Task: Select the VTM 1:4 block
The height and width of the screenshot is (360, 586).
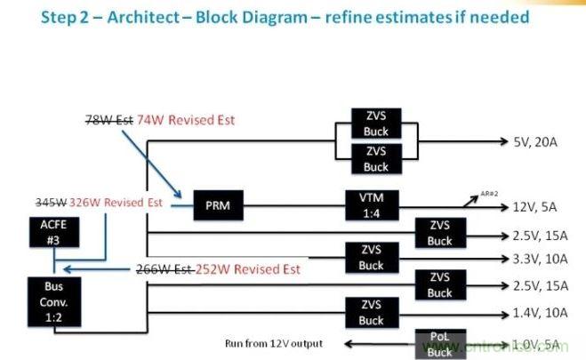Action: (368, 206)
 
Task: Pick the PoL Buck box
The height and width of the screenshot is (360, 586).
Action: (438, 343)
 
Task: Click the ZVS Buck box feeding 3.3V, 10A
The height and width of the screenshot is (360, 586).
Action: (371, 259)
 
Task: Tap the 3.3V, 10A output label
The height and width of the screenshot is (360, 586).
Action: (542, 260)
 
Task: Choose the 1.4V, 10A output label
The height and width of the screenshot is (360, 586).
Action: (542, 313)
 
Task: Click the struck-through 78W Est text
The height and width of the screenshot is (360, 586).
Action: (107, 119)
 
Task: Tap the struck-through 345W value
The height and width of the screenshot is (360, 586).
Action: (48, 203)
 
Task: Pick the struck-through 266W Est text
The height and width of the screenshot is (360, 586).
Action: (165, 269)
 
